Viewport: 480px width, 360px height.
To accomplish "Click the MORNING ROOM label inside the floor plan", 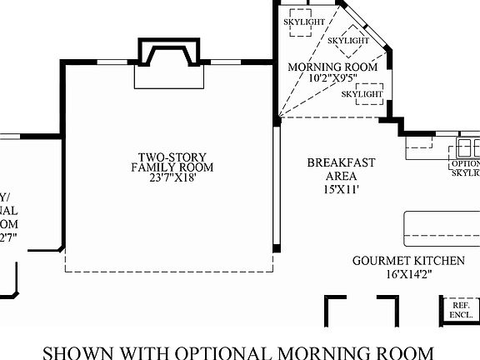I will (332, 67).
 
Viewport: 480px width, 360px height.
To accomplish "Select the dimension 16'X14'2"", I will (397, 273).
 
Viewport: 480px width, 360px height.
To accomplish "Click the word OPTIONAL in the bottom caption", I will (255, 350).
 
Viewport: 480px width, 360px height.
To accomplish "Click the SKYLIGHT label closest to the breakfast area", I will (362, 94).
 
